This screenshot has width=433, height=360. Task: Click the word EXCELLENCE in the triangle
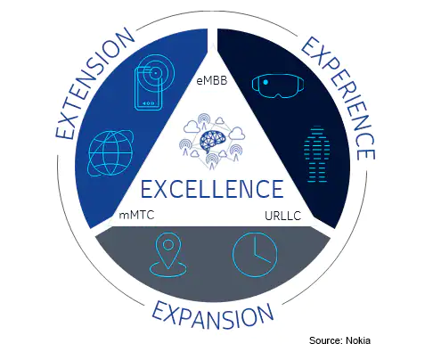(212, 189)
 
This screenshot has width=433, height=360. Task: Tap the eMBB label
(212, 80)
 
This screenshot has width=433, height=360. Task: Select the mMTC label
(136, 215)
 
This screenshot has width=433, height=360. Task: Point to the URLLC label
(282, 216)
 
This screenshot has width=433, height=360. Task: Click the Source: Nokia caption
(339, 340)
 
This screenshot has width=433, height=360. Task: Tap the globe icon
(110, 153)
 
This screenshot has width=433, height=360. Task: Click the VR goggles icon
(278, 86)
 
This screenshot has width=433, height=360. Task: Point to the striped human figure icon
(317, 154)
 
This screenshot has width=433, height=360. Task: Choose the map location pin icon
(168, 255)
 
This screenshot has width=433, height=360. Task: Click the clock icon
(255, 255)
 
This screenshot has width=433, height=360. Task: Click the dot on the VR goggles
(266, 82)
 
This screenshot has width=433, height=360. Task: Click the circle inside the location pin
(168, 245)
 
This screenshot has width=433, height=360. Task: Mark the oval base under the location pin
(168, 269)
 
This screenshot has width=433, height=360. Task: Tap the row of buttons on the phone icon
(148, 103)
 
